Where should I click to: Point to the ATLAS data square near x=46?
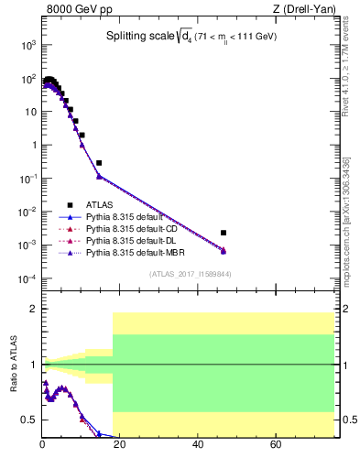point(224,233)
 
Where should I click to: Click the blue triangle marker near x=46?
point(224,251)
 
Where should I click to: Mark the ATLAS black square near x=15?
point(99,162)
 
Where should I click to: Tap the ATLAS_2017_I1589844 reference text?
point(189,274)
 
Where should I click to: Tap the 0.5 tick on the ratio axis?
point(30,420)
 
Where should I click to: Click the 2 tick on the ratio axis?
point(34,309)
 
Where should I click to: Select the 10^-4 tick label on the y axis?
point(28,278)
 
